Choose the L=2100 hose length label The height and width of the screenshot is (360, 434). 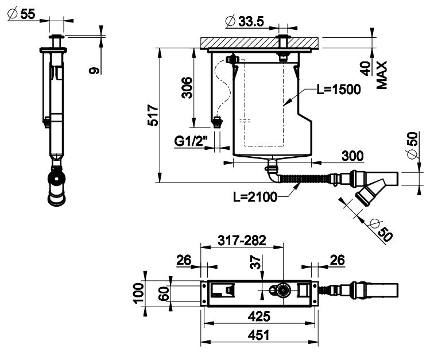255,197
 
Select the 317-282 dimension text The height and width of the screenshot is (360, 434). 241,241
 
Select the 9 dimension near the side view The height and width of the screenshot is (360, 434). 95,70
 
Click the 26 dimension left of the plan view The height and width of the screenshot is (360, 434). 184,261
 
